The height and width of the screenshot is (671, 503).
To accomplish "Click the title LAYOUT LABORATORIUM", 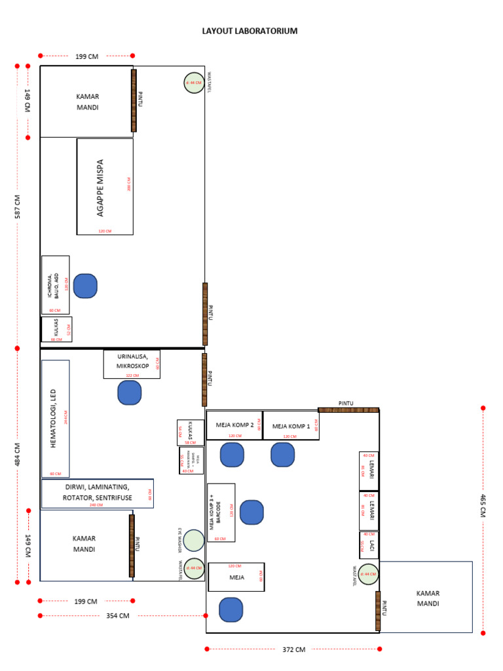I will (x=249, y=31).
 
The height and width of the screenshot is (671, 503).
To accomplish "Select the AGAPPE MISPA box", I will (x=105, y=187).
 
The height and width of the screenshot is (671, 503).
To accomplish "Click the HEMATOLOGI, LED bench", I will (x=55, y=418).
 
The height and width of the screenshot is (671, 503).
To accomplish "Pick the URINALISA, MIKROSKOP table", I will (x=132, y=364).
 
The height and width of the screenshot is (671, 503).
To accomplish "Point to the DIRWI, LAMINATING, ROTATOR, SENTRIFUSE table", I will (x=98, y=493).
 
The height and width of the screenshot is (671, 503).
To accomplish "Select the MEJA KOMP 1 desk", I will (x=290, y=425).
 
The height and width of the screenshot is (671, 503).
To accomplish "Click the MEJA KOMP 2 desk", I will (x=234, y=425).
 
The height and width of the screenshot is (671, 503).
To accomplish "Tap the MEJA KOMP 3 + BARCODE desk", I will (x=221, y=512).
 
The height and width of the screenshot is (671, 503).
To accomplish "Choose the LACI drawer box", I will (x=369, y=545).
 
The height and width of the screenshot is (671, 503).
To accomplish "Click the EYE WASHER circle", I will (x=194, y=541).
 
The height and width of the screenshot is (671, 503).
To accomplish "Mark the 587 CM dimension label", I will (x=18, y=207).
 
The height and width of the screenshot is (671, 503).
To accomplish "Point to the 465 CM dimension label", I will (x=484, y=506).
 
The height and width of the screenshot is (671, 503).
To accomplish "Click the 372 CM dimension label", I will (x=294, y=649).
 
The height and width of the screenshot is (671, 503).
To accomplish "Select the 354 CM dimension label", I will (x=119, y=616).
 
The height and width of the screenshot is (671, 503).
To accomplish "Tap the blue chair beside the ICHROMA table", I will (x=85, y=286).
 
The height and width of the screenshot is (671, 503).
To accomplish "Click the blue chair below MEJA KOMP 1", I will (x=283, y=455).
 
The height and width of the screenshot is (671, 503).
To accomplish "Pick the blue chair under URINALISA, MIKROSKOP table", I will (x=129, y=393).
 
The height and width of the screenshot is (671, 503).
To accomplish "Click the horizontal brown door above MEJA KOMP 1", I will (x=348, y=410).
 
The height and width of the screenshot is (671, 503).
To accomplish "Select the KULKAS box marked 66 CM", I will (x=56, y=330).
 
